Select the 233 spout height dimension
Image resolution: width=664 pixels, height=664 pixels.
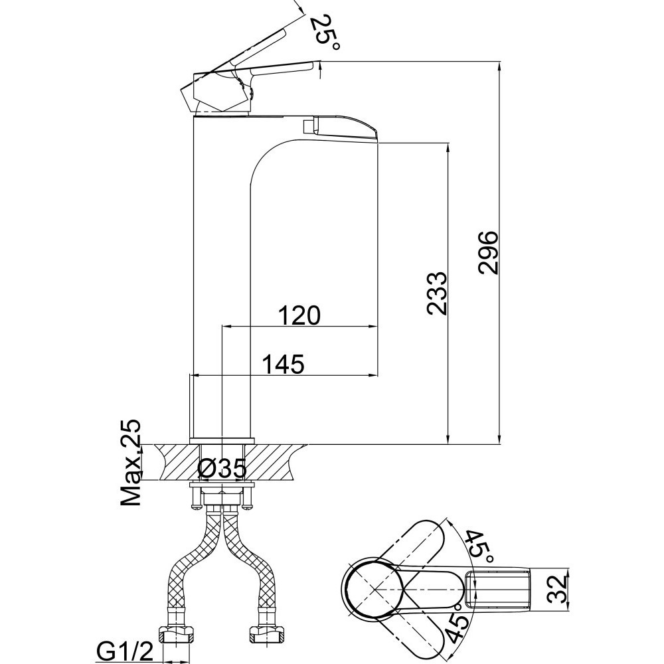437,293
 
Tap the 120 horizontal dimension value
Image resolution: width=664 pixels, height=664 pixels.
299,315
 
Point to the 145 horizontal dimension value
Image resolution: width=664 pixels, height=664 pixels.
284,364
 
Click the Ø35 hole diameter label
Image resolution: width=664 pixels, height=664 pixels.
222,468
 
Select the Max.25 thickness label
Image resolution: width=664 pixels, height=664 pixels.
130,462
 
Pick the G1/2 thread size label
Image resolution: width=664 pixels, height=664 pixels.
125,653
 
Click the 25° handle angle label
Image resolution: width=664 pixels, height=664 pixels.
325,32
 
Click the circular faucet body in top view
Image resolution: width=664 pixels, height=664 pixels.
373,588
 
